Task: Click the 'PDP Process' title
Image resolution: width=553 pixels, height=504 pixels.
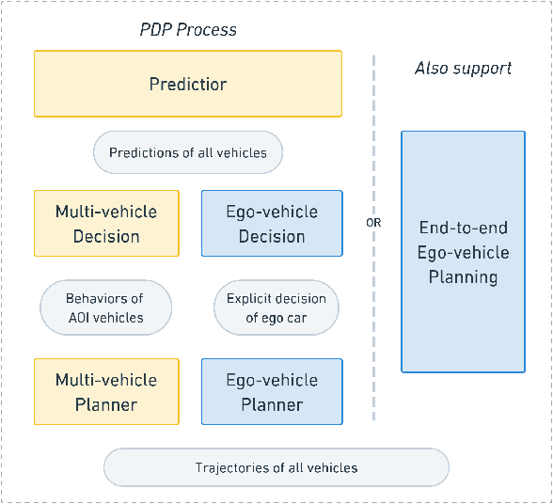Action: (188, 29)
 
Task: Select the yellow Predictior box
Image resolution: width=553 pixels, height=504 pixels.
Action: (188, 84)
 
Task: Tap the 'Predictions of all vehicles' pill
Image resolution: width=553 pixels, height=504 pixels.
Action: (188, 152)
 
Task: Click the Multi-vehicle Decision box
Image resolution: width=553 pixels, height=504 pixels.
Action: (106, 224)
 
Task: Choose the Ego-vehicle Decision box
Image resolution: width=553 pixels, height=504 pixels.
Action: (272, 224)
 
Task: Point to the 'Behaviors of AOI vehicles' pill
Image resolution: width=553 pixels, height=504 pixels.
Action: (106, 307)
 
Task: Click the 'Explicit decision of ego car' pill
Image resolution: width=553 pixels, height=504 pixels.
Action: (276, 307)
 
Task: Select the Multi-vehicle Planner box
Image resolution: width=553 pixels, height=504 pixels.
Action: (106, 392)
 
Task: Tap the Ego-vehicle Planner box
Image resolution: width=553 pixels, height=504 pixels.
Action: (272, 392)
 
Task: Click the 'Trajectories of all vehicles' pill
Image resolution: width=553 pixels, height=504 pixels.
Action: (276, 467)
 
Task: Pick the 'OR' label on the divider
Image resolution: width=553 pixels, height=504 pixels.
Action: (374, 223)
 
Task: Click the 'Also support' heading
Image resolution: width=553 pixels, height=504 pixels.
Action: (464, 68)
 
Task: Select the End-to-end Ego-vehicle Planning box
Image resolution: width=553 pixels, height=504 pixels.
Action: (464, 252)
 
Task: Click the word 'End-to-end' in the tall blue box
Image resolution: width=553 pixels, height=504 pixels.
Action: (464, 228)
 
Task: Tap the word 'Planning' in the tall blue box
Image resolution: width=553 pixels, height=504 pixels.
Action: (464, 276)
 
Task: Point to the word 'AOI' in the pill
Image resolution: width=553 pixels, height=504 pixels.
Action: (81, 318)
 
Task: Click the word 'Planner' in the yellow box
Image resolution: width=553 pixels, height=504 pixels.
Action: (106, 405)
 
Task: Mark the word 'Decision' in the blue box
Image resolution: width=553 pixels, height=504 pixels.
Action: (272, 236)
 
